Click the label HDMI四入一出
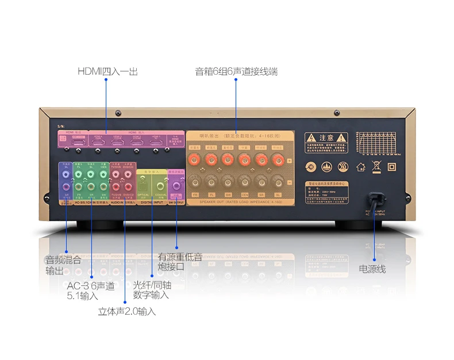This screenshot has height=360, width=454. coord(107,72)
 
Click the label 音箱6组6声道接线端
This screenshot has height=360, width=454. coord(236,72)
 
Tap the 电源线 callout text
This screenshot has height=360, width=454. coord(372,269)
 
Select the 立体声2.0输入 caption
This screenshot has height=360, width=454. coord(126,312)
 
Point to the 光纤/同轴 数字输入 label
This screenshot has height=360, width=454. coord(152,290)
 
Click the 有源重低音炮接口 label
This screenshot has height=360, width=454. coord(179,262)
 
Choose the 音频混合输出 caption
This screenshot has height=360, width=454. coord(63,265)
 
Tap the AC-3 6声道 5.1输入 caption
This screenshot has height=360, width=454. coord(91,291)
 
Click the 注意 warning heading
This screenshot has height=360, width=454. coord(326,138)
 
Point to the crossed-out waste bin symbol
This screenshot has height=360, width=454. coord(376,167)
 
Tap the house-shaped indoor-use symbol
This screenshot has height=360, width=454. coord(360,167)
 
